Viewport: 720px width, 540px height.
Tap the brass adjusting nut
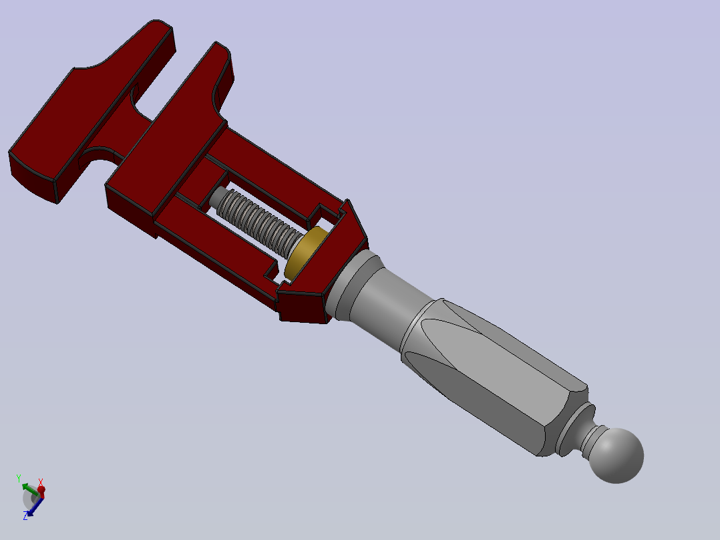306,253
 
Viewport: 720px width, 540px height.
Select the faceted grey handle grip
494,377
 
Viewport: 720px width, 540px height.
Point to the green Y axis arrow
30,489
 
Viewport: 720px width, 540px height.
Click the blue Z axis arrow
34,507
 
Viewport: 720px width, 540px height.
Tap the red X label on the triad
40,482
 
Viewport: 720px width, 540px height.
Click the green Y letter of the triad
19,478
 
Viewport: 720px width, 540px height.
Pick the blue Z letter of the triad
25,517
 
